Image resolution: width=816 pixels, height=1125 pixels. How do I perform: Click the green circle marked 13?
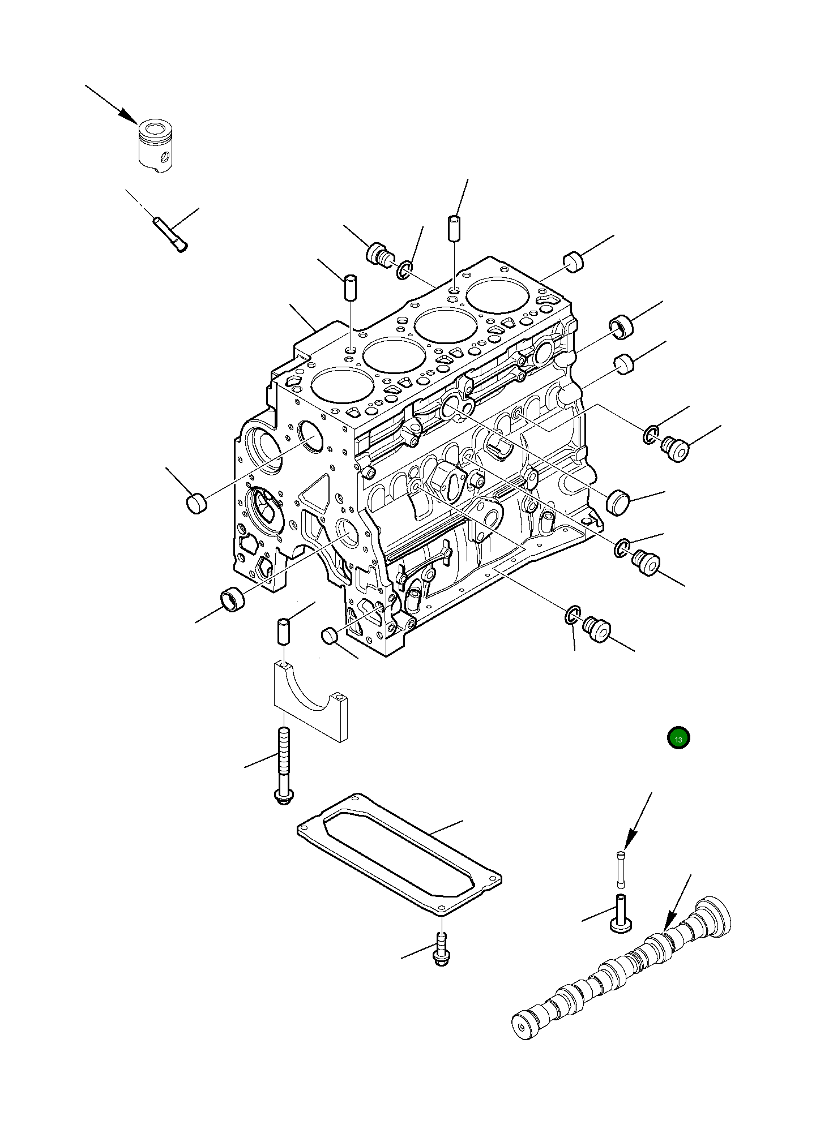coord(678,738)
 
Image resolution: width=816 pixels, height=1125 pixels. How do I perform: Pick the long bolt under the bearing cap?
coord(283,764)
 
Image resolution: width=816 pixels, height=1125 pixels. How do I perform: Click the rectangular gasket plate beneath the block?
coord(399,855)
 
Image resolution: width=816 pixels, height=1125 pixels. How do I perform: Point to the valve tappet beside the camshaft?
coord(621,913)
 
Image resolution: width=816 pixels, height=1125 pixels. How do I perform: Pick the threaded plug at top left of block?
coord(380,255)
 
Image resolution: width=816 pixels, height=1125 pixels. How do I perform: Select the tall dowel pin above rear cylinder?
coord(455,227)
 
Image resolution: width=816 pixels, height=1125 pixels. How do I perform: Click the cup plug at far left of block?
coord(196,503)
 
